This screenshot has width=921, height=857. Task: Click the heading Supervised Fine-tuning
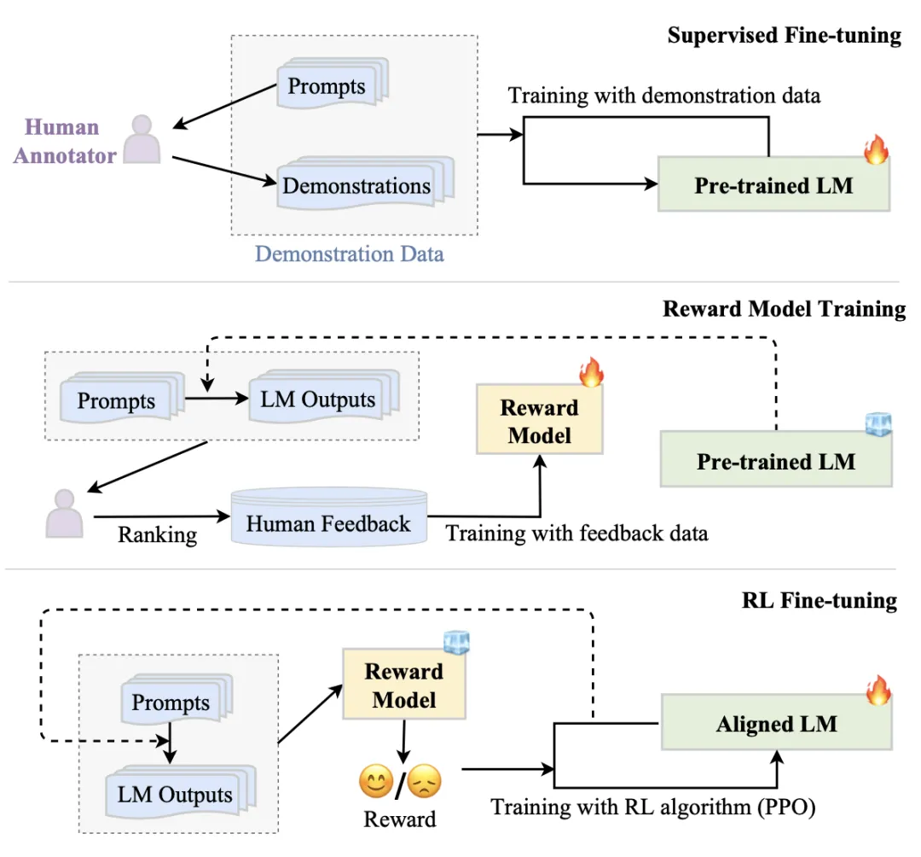[x=784, y=35]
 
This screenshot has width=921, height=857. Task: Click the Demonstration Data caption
[x=350, y=254]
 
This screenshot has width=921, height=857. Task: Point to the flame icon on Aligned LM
[x=878, y=690]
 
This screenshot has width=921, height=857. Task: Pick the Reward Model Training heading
[x=784, y=308]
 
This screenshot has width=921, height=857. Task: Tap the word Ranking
[x=157, y=535]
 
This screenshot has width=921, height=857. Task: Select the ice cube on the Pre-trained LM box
[x=878, y=425]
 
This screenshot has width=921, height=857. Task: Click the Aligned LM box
[x=776, y=725]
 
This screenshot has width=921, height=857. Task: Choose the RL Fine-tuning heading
[x=820, y=600]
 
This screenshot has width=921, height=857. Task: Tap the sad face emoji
[x=424, y=780]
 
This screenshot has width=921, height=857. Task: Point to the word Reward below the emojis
[x=400, y=819]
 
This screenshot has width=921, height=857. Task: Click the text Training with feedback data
[x=577, y=534]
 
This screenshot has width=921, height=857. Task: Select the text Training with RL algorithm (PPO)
[x=653, y=807]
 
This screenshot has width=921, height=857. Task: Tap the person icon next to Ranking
[x=65, y=511]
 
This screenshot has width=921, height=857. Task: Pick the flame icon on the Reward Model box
[x=590, y=372]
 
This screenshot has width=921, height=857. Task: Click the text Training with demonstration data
[x=664, y=95]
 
